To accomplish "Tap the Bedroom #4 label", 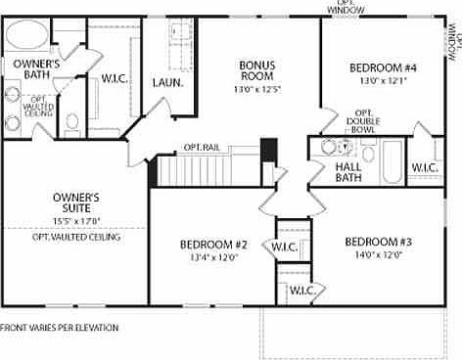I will point(383,67).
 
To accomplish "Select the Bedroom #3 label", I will point(377,242).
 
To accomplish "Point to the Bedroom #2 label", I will point(212,245).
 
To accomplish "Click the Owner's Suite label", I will point(76,202).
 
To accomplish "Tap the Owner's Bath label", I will point(31,67).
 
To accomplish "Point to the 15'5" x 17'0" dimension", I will point(76,221).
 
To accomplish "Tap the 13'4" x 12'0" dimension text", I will point(212,257).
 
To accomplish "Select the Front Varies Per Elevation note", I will point(60,328).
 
